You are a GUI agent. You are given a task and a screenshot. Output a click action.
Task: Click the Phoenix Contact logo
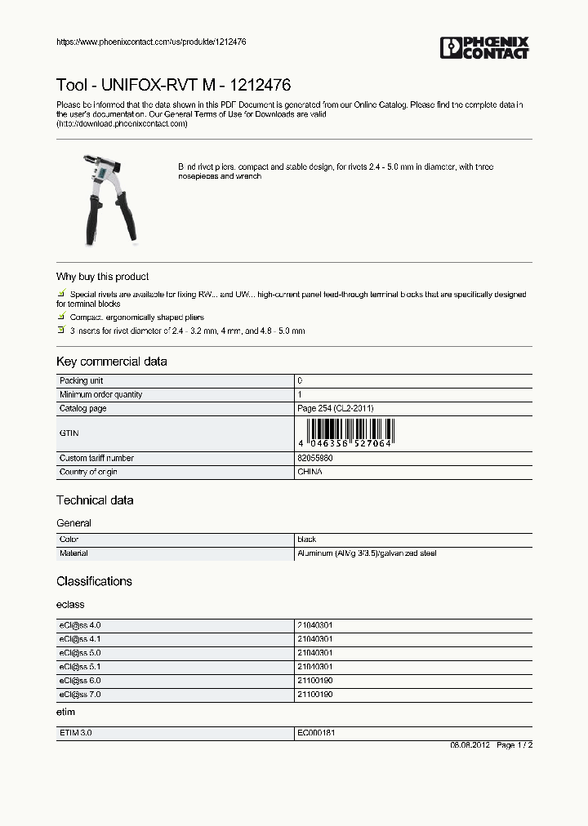tap(485, 47)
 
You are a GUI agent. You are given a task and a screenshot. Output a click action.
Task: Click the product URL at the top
tap(151, 42)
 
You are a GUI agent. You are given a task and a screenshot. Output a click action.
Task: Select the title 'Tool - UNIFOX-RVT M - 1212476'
tap(173, 85)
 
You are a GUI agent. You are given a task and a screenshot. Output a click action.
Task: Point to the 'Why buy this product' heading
tap(102, 277)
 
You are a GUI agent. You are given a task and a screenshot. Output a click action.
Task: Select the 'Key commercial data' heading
tap(111, 362)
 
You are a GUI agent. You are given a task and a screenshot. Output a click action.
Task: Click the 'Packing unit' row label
tap(81, 381)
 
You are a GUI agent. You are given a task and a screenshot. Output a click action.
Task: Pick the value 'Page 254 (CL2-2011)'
tap(335, 408)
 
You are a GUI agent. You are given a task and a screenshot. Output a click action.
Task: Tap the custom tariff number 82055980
tap(314, 458)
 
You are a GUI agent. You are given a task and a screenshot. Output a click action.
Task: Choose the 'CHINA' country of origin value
tap(310, 472)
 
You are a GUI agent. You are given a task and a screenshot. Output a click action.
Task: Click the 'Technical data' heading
tap(95, 500)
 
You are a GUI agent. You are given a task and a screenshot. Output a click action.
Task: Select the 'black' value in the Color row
tap(307, 540)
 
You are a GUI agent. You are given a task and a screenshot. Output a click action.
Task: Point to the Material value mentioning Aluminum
tap(367, 553)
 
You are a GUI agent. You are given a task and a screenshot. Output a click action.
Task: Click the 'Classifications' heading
tap(94, 581)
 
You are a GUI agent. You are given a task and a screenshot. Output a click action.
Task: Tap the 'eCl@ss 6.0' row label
tap(80, 680)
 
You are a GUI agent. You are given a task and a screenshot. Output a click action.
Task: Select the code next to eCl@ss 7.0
tap(314, 694)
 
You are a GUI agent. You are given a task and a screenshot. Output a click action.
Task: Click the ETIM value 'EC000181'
tap(316, 733)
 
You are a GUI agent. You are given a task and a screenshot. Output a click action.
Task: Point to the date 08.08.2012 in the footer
tap(470, 745)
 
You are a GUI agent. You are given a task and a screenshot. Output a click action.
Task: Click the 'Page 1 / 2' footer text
tap(514, 745)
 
